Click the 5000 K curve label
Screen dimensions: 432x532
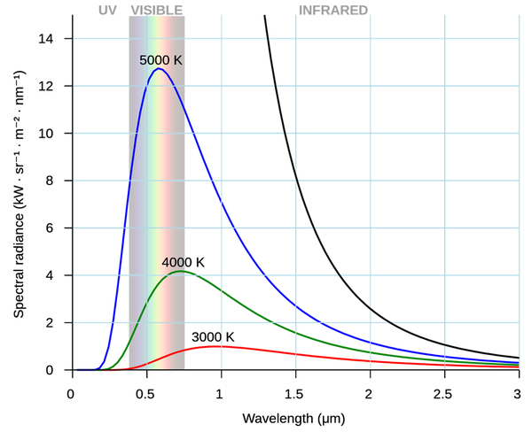click(x=160, y=59)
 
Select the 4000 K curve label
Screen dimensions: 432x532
click(x=184, y=263)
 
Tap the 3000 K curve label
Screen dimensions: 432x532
click(x=213, y=337)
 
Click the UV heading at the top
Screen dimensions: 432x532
click(x=107, y=10)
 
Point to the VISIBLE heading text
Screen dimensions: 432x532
click(x=157, y=10)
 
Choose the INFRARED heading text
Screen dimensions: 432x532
click(x=333, y=10)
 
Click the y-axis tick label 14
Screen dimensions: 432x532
click(x=53, y=39)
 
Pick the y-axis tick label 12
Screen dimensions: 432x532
click(x=53, y=86)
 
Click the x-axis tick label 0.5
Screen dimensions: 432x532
click(x=145, y=389)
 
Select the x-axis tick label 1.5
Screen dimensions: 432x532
click(x=294, y=389)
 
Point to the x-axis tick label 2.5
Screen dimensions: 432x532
click(x=443, y=389)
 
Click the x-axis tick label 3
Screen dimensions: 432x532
click(x=518, y=389)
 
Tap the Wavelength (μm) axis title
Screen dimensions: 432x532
click(x=294, y=416)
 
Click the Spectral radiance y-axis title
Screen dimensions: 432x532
click(x=19, y=192)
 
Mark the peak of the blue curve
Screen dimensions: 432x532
click(x=158, y=68)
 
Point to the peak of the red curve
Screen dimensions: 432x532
click(x=215, y=346)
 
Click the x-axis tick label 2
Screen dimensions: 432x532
click(x=369, y=389)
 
